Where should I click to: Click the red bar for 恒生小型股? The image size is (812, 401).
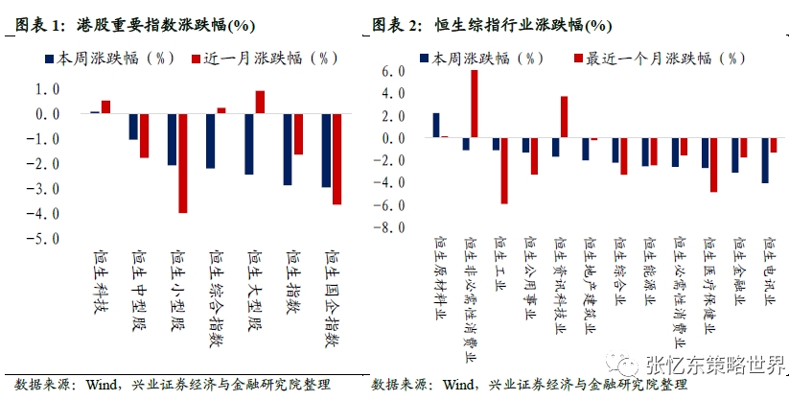click(182, 163)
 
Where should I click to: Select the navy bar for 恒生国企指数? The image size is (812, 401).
click(326, 150)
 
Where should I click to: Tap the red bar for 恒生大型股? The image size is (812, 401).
click(260, 102)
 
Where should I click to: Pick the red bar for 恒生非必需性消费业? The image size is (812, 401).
click(474, 104)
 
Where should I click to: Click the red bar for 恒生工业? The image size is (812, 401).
click(503, 171)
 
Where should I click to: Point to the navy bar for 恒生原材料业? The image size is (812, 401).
click(436, 126)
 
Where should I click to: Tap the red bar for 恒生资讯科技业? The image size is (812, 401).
click(564, 117)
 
